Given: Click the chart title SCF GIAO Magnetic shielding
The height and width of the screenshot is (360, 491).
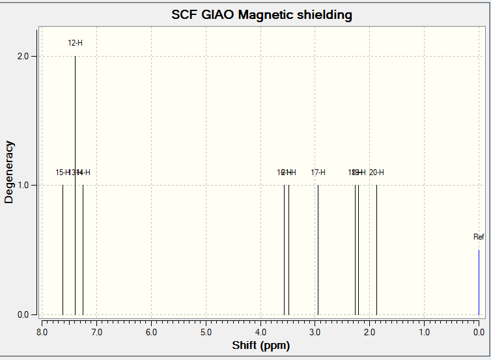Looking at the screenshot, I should (261, 14).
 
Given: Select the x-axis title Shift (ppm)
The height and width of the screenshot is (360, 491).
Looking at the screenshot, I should (260, 345).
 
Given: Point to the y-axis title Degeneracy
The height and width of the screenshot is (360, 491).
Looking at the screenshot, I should (9, 172).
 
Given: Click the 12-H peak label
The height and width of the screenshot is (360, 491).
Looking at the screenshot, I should (76, 43).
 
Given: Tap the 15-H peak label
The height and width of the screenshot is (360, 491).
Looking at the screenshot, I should (63, 173).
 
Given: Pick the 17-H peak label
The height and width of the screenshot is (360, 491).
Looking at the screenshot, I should (318, 173).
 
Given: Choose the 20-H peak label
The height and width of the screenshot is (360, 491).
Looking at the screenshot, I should (376, 173).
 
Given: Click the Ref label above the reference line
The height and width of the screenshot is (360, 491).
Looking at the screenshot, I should (479, 237).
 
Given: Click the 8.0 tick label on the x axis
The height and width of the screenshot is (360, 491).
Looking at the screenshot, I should (42, 332).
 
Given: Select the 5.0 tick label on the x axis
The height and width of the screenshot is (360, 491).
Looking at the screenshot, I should (206, 332).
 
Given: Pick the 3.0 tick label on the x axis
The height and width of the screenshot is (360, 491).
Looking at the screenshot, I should (315, 332).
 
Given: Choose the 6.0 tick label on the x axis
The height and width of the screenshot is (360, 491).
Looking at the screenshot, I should (151, 332).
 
